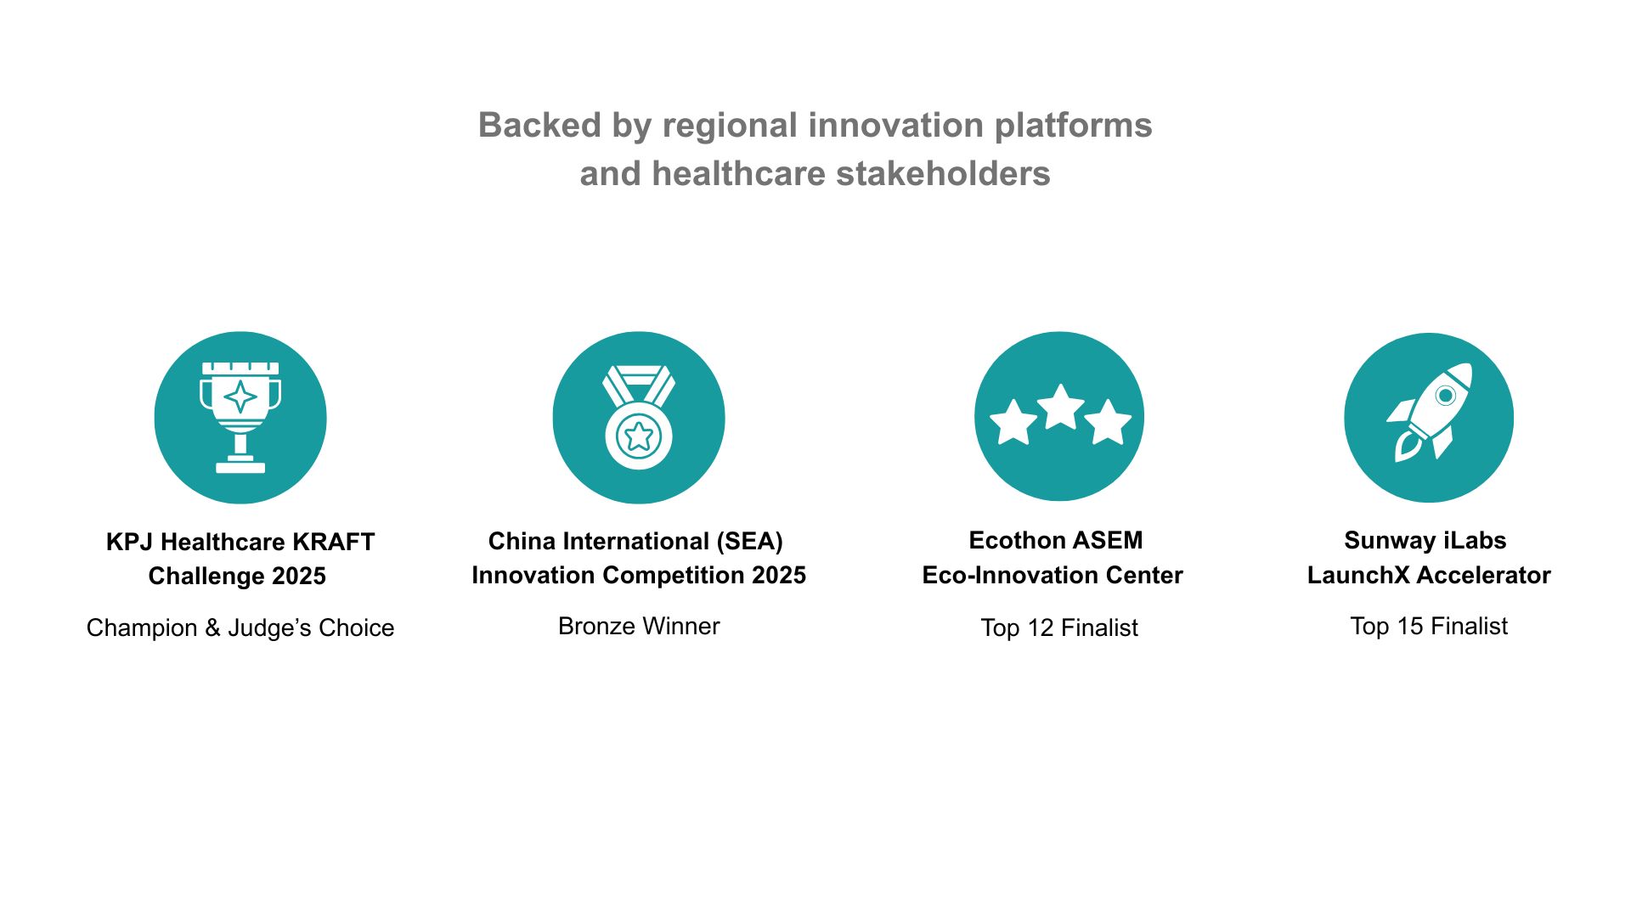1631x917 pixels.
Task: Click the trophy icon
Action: click(240, 417)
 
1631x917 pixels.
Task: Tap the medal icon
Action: click(639, 418)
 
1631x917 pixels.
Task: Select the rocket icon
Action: click(1430, 413)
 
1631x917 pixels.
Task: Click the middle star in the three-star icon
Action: click(1060, 407)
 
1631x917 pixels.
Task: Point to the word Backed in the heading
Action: click(539, 125)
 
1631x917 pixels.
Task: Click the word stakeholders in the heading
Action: click(943, 173)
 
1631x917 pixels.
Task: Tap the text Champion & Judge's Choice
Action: click(240, 627)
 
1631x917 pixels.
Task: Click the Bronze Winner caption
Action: click(639, 626)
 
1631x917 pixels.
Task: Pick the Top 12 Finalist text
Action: click(1059, 627)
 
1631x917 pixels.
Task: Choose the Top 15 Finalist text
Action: click(1429, 626)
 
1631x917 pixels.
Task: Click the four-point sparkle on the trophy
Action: click(240, 397)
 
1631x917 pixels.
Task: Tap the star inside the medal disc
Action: click(639, 436)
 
